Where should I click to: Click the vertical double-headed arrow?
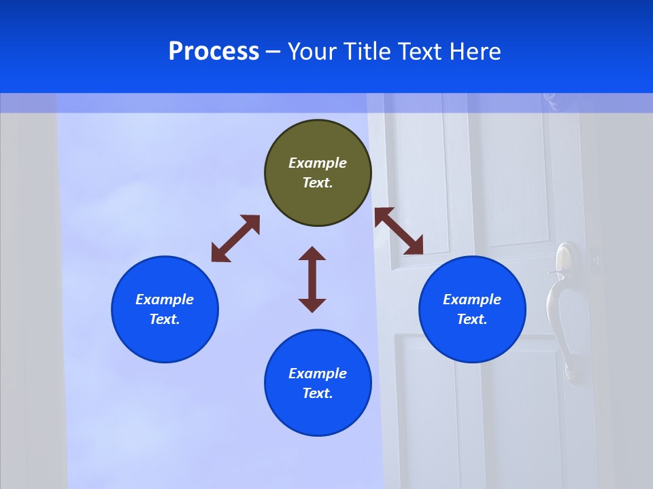click(312, 279)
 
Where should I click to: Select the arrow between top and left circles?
click(235, 238)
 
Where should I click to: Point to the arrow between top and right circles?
click(399, 231)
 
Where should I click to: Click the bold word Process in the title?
click(214, 52)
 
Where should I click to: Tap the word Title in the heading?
click(366, 52)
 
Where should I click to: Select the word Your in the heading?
click(312, 52)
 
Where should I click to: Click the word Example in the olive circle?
click(318, 163)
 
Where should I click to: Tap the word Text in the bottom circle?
click(318, 393)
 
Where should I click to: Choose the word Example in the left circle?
click(165, 300)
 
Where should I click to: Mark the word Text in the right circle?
click(472, 319)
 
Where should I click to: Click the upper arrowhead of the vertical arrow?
click(312, 255)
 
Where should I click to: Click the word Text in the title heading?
click(419, 52)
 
